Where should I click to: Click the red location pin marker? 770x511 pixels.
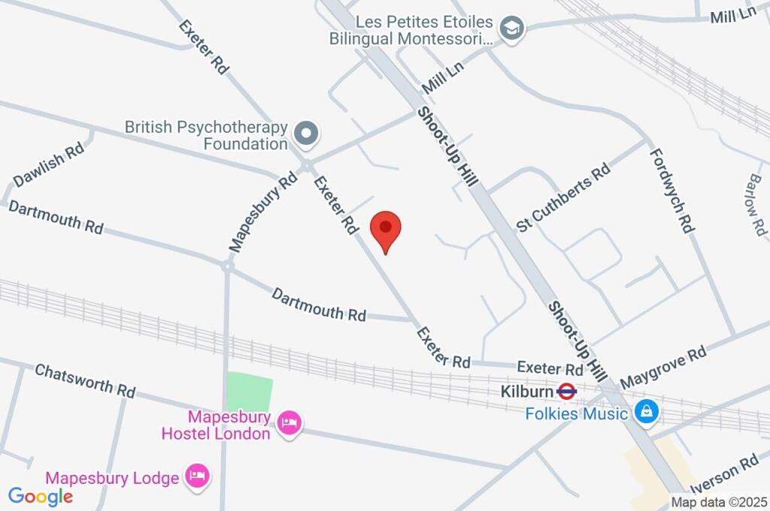point(387,228)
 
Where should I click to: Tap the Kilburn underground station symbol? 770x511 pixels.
point(567,392)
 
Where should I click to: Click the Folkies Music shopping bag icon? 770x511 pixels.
point(644,412)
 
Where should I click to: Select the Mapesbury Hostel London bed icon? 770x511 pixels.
point(289,423)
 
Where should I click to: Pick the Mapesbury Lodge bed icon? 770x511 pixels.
point(199,476)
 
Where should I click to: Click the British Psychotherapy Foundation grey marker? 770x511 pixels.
point(306,135)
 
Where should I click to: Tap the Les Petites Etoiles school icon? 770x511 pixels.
point(513,29)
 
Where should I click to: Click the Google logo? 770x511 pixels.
point(41,496)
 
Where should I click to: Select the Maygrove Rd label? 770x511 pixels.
point(663,362)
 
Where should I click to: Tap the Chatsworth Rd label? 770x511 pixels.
point(85,380)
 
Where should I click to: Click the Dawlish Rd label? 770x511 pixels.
point(48,165)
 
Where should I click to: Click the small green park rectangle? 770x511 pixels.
point(249,392)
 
